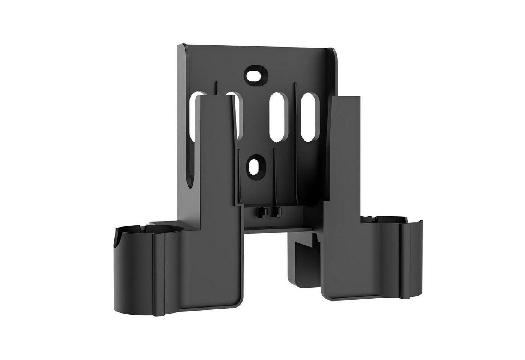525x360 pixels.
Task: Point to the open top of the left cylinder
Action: [134, 231]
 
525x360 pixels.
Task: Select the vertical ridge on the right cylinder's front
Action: [406, 262]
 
